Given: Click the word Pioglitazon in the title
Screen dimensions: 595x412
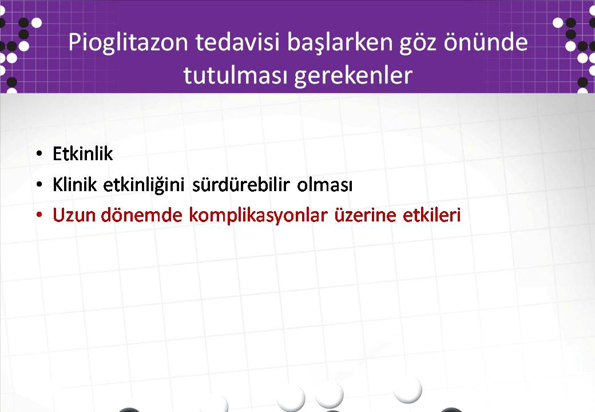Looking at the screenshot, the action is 128,43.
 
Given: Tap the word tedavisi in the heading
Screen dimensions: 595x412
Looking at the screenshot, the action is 237,42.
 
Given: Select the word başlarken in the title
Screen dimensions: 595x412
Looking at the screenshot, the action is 340,43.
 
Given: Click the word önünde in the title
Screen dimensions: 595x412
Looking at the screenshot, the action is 486,42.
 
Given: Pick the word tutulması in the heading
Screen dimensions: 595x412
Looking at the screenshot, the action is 235,74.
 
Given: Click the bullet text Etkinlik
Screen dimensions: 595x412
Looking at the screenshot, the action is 83,154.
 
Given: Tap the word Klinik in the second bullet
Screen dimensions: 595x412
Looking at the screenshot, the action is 75,185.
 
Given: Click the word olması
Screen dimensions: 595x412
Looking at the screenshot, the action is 325,185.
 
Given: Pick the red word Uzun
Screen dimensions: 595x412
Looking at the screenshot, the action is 74,215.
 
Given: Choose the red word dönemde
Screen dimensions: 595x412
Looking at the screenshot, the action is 141,215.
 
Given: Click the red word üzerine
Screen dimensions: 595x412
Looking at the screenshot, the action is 365,215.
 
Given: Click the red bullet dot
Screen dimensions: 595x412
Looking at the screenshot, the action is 39,215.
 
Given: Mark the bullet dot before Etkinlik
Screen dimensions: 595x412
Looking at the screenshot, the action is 39,154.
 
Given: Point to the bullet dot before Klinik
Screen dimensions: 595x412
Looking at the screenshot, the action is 39,185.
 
